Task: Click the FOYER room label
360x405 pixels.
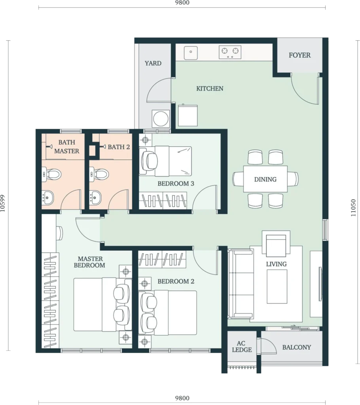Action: coord(299,55)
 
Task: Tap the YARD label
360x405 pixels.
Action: coord(153,63)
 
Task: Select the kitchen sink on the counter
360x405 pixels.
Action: coord(191,53)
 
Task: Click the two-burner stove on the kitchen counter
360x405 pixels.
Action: coord(230,52)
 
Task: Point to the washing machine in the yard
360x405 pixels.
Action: coord(161,119)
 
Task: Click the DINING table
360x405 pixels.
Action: coord(265,179)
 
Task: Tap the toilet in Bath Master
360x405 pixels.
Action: coord(52,174)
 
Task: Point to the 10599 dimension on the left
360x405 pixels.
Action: coord(3,203)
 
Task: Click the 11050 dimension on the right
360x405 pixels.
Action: coord(353,208)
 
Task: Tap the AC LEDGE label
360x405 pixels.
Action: coord(242,346)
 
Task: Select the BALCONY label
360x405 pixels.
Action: coord(297,347)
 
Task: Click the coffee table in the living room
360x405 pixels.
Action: coord(277,286)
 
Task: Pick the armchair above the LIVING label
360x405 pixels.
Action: coord(276,243)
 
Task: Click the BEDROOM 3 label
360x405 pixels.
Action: coord(176,184)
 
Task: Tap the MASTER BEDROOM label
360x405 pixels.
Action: coord(89,262)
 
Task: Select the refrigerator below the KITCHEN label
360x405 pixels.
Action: coord(188,115)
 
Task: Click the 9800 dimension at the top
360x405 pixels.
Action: coord(182,3)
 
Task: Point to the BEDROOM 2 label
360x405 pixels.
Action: coord(176,281)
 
